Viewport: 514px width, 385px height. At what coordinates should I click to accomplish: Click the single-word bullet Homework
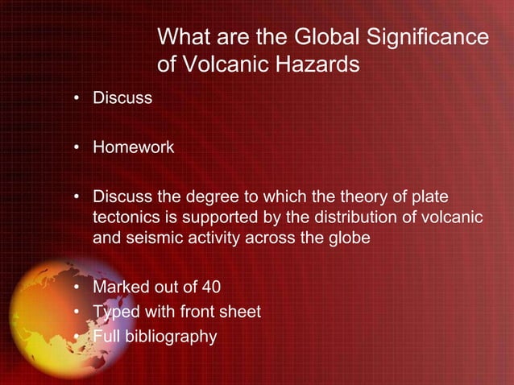pyautogui.click(x=133, y=147)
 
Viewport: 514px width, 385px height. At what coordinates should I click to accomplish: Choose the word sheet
pyautogui.click(x=240, y=312)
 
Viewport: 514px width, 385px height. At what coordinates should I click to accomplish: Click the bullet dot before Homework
pyautogui.click(x=77, y=148)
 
